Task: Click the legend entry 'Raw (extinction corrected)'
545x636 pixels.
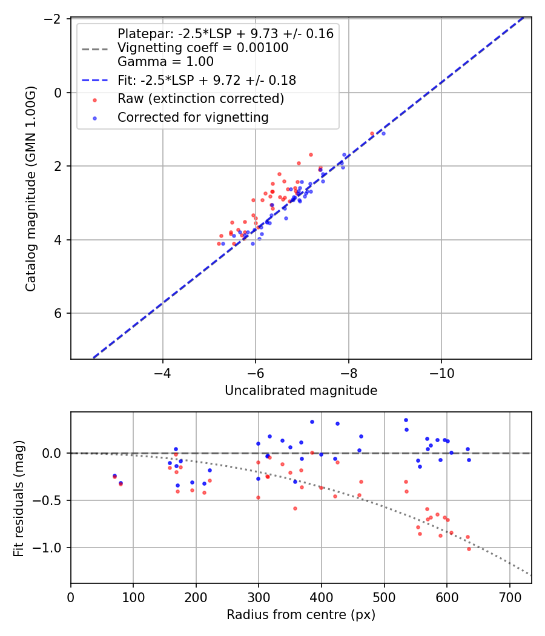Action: pyautogui.click(x=201, y=99)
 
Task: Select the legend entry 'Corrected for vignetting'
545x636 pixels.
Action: pyautogui.click(x=193, y=118)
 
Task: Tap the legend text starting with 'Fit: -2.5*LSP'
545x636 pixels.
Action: pyautogui.click(x=206, y=80)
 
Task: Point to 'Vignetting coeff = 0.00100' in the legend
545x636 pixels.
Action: pyautogui.click(x=203, y=48)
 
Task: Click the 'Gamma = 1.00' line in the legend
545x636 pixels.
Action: pyautogui.click(x=165, y=62)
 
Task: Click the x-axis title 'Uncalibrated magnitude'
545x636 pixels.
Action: pyautogui.click(x=301, y=391)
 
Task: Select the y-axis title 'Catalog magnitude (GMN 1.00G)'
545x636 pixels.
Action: pyautogui.click(x=31, y=189)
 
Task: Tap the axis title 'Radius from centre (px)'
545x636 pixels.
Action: pyautogui.click(x=301, y=615)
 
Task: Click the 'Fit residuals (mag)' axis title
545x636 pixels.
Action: pyautogui.click(x=19, y=498)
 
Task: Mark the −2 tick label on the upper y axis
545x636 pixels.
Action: pyautogui.click(x=54, y=19)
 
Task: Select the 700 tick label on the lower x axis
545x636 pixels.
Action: pyautogui.click(x=509, y=598)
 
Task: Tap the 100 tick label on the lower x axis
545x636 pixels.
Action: pyautogui.click(x=133, y=598)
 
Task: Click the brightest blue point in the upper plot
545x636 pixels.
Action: pyautogui.click(x=383, y=133)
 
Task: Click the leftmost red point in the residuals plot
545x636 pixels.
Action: pyautogui.click(x=114, y=477)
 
